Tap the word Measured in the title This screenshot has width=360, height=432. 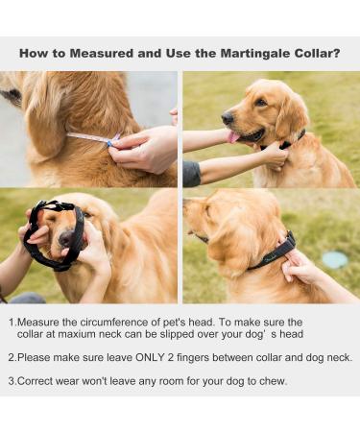(x=103, y=53)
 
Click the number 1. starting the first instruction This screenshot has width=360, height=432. (x=12, y=324)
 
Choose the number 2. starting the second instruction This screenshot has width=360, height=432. (x=12, y=357)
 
